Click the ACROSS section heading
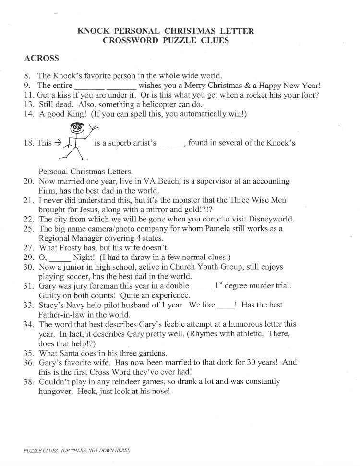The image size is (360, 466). pos(41,59)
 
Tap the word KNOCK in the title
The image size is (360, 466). pos(93,32)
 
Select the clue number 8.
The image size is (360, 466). pos(28,76)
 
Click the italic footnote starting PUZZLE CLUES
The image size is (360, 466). pos(77,451)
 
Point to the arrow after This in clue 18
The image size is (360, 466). pos(58,143)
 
